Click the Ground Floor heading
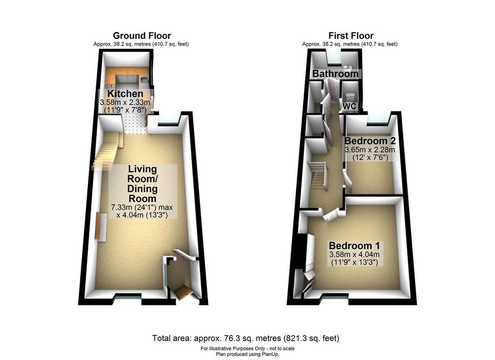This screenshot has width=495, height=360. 142,36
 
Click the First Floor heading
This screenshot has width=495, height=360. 351,36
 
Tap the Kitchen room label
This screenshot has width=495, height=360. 125,94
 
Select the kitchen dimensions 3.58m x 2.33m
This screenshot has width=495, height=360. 125,102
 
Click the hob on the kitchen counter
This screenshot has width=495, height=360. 110,86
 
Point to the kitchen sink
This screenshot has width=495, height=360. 144,80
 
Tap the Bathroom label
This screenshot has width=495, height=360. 335,74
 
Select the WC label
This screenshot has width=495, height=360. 349,106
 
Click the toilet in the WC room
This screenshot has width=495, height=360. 349,96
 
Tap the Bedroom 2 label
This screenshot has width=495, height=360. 370,141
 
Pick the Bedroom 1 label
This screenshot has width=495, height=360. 354,246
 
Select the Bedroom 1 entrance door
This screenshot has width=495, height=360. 333,215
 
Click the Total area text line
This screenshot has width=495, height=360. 246,339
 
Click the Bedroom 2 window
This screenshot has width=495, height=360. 378,120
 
